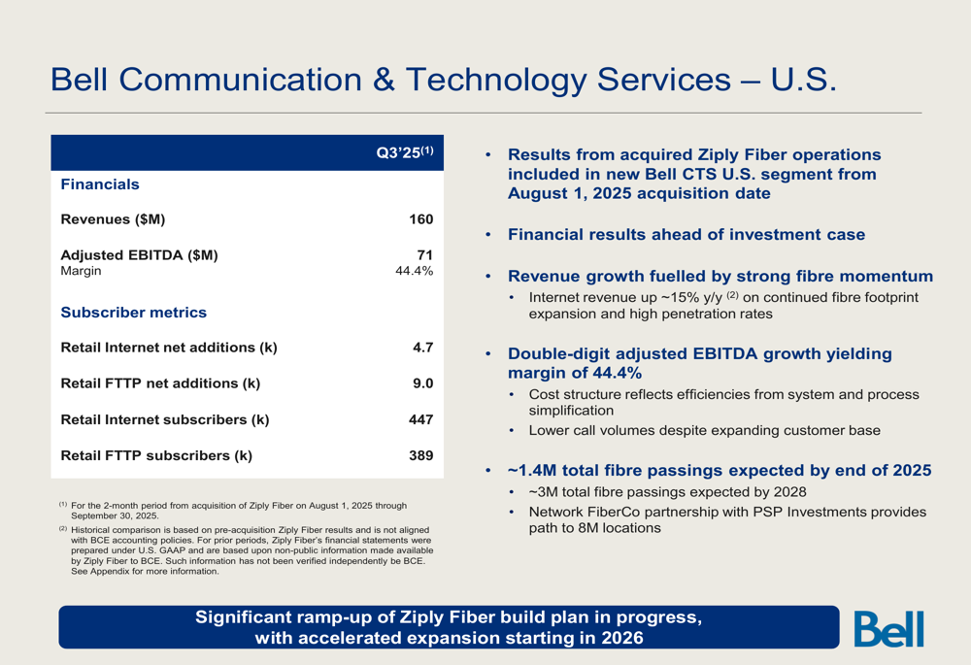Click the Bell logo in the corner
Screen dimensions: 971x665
coord(888,628)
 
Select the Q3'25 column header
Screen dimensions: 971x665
coord(405,152)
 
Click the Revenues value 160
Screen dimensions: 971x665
coord(421,219)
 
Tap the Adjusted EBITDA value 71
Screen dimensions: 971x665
coord(425,255)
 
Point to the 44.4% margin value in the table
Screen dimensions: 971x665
coord(415,271)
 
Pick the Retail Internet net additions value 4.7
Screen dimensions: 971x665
coord(423,348)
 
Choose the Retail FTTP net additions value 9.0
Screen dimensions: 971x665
coord(423,383)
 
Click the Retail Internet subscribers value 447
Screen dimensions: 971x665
coord(421,419)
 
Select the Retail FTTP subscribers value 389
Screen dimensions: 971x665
coord(421,455)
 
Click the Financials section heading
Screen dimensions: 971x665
coord(100,184)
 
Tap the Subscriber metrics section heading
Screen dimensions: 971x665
coord(134,313)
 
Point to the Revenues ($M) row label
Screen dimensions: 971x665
coord(113,219)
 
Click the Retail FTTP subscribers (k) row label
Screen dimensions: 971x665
coord(156,455)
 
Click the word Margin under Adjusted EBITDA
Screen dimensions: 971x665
coord(82,271)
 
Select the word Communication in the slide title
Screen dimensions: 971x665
coord(240,80)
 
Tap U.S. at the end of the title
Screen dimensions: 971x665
coord(804,80)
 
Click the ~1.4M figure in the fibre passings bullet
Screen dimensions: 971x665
coord(532,471)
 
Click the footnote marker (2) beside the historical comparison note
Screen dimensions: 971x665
coord(63,529)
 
